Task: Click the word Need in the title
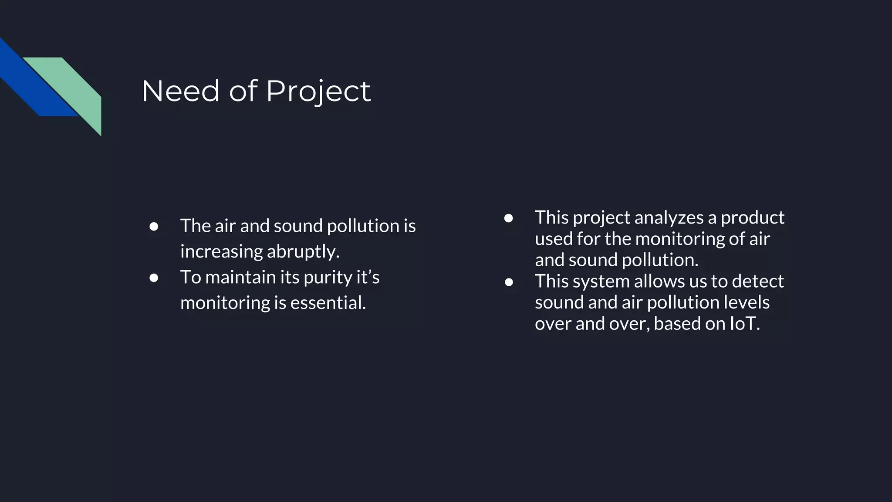point(180,91)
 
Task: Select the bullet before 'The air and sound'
point(154,227)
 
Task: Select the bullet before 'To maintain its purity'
point(154,278)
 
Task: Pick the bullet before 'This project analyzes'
point(508,218)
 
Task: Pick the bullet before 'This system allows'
point(508,282)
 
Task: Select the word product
point(752,217)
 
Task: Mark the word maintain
point(241,278)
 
